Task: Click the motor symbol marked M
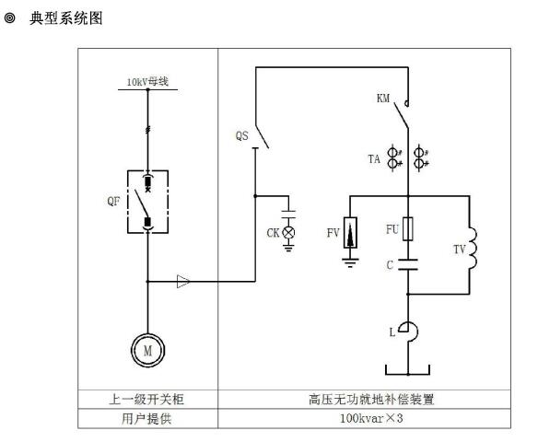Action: pyautogui.click(x=148, y=350)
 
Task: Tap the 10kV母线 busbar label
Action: pyautogui.click(x=147, y=82)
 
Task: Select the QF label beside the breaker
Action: pyautogui.click(x=113, y=201)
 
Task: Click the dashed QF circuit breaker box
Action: pyautogui.click(x=128, y=202)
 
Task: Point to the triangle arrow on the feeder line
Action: pyautogui.click(x=183, y=282)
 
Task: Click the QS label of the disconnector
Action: pyautogui.click(x=242, y=135)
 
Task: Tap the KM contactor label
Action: pyautogui.click(x=383, y=99)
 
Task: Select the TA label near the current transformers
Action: pyautogui.click(x=374, y=159)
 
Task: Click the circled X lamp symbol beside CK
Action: pyautogui.click(x=288, y=232)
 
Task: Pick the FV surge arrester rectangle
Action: pyautogui.click(x=350, y=232)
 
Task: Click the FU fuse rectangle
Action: pyautogui.click(x=408, y=228)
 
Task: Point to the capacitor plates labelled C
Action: pyautogui.click(x=408, y=264)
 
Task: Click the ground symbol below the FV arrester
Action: pyautogui.click(x=350, y=262)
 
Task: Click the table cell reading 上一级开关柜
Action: pyautogui.click(x=147, y=399)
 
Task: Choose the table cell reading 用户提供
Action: pyautogui.click(x=147, y=418)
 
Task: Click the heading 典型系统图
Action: pyautogui.click(x=66, y=18)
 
